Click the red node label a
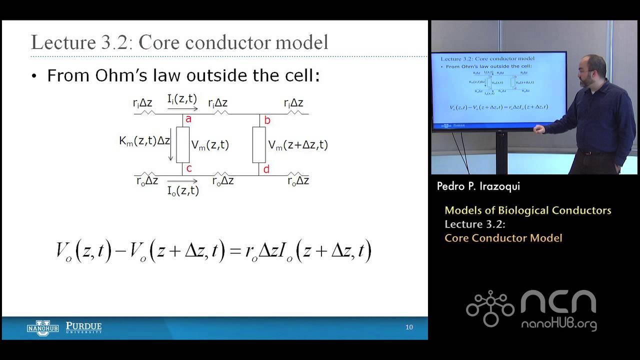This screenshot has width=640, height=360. (188, 119)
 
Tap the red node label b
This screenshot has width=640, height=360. (267, 120)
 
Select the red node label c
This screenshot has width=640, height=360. (189, 168)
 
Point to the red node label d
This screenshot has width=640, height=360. (266, 169)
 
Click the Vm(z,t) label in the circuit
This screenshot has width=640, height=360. (210, 145)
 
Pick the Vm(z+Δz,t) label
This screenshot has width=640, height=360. (298, 145)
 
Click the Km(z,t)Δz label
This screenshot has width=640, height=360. (144, 141)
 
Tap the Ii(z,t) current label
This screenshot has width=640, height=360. (182, 99)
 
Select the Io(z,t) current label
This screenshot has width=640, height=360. (183, 190)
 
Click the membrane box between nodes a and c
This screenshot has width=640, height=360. (182, 144)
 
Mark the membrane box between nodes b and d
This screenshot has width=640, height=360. (258, 144)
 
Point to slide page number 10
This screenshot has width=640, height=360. (409, 327)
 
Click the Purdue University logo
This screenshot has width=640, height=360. (83, 327)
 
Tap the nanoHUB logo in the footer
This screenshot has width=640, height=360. (42, 327)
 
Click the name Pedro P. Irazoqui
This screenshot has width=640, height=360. (478, 186)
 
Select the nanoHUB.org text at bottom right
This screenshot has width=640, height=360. (559, 324)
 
